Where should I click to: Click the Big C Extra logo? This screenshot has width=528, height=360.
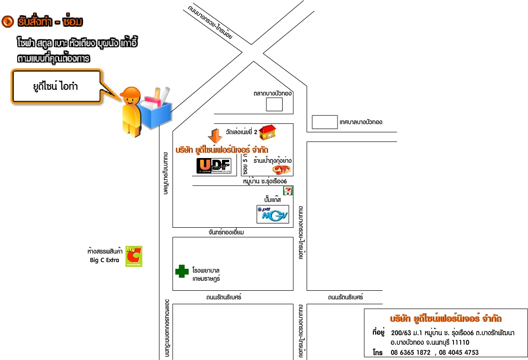pos(134,256)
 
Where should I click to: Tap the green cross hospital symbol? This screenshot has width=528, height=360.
pos(182,271)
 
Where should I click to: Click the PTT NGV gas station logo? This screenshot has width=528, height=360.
pos(273,214)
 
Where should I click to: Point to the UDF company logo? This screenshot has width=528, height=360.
pos(214,166)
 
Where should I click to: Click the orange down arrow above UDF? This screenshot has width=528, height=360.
pos(215,136)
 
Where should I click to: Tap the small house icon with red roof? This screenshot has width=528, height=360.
pos(269,131)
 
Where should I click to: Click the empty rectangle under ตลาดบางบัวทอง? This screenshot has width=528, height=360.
pos(274,105)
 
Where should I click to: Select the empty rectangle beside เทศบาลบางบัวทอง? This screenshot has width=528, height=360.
pos(325,122)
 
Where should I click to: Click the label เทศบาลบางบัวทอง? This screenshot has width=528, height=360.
pos(361,122)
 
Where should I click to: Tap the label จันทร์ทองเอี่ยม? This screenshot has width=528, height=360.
pos(226,232)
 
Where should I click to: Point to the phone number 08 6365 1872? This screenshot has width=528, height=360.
pos(411,352)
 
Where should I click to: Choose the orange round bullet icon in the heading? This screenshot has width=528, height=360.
pos(7,21)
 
